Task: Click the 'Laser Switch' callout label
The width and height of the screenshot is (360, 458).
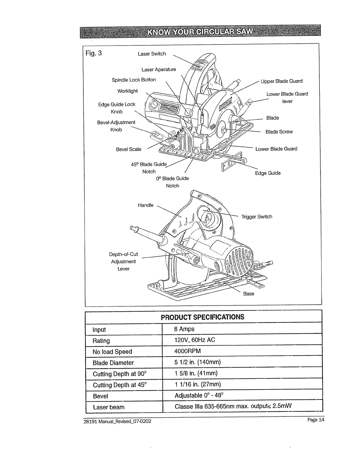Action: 152,54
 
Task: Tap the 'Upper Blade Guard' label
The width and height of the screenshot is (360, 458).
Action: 281,81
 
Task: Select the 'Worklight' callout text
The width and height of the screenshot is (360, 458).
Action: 127,91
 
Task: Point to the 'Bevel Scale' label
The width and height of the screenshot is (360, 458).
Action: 128,149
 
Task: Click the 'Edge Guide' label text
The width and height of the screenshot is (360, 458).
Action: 268,173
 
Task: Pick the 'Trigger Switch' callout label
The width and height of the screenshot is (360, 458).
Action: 257,217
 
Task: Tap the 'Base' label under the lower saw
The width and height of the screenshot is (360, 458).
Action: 249,294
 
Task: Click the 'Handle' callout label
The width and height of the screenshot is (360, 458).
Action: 145,205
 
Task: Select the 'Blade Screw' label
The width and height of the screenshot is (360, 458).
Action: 279,132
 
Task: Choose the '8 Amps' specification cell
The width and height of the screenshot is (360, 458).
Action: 184,329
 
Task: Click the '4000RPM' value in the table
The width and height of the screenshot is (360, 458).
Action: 187,351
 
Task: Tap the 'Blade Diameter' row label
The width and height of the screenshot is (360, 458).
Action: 113,363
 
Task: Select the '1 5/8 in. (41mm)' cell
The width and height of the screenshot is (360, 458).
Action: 196,373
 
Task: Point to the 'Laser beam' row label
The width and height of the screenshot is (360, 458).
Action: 109,407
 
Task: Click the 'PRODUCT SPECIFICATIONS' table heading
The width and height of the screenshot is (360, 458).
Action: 203,317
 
